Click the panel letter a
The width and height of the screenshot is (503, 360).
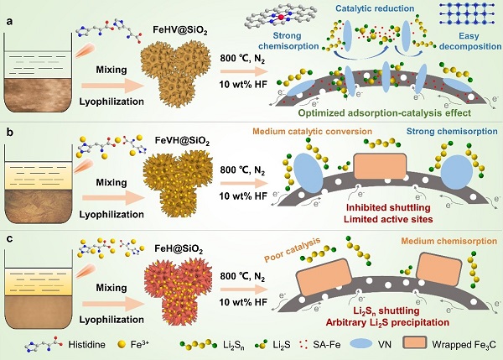pyautogui.click(x=10, y=22)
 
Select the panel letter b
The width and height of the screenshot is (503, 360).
pyautogui.click(x=10, y=132)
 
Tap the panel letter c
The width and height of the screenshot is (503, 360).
pyautogui.click(x=10, y=239)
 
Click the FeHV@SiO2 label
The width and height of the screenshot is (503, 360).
pyautogui.click(x=180, y=31)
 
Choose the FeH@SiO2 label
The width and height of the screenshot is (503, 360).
pyautogui.click(x=179, y=249)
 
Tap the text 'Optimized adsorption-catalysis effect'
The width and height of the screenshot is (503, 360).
pyautogui.click(x=385, y=113)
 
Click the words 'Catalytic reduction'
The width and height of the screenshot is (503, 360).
pyautogui.click(x=375, y=8)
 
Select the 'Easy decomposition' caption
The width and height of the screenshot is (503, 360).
pyautogui.click(x=470, y=41)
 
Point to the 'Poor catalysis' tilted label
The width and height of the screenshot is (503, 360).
pyautogui.click(x=293, y=250)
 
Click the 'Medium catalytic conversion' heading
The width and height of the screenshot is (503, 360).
pyautogui.click(x=313, y=132)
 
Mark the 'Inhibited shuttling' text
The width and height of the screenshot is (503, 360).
pyautogui.click(x=388, y=207)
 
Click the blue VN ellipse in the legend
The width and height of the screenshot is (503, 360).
pyautogui.click(x=360, y=344)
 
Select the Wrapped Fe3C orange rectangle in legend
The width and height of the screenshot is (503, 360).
pyautogui.click(x=415, y=343)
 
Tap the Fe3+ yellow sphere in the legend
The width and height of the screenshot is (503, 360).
pyautogui.click(x=122, y=345)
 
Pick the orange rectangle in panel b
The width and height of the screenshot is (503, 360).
pyautogui.click(x=380, y=166)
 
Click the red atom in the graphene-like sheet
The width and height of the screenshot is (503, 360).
pyautogui.click(x=282, y=18)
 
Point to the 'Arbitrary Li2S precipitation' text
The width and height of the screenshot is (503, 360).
pyautogui.click(x=387, y=322)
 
